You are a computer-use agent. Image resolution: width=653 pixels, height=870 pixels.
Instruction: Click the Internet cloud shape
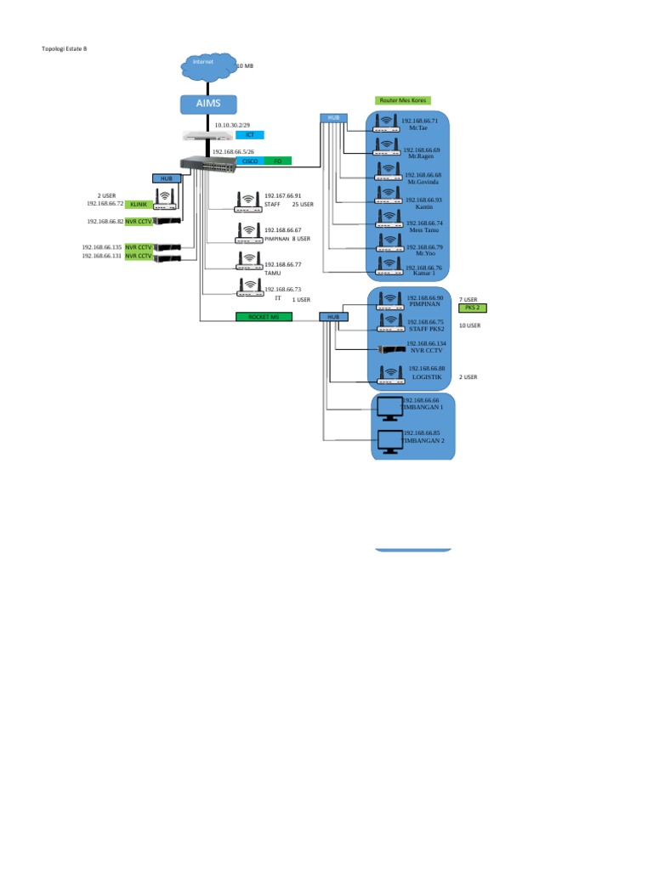203,66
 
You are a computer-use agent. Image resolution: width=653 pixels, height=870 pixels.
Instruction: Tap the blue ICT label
249,135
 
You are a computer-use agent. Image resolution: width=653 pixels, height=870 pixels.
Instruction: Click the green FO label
277,161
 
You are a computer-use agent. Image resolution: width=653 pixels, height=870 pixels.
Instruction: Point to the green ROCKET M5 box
264,317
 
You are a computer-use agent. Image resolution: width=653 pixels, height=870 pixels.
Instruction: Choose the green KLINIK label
139,204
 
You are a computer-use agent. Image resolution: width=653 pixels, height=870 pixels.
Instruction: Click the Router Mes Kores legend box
402,100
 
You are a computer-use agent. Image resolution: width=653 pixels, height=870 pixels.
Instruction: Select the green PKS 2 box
473,308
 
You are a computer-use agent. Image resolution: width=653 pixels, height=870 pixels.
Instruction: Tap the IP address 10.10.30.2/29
232,125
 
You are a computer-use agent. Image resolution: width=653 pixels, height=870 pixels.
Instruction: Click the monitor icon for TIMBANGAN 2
389,442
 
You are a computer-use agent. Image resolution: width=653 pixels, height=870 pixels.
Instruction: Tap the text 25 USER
303,205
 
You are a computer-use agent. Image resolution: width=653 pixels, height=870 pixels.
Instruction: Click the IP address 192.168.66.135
102,247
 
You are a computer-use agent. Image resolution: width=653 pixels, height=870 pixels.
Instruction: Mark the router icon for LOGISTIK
389,375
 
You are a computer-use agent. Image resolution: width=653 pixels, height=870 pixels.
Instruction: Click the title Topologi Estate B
65,48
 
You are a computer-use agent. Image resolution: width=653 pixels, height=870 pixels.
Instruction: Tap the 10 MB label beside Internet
244,65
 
